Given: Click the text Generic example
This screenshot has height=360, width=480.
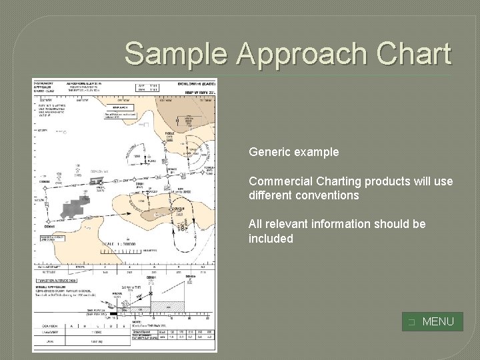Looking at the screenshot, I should [x=293, y=152].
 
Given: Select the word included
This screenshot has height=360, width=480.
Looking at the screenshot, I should [x=271, y=238].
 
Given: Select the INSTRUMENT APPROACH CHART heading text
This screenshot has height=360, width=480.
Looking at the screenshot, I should [x=48, y=88].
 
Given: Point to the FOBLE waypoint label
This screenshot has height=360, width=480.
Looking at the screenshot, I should [x=170, y=134].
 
